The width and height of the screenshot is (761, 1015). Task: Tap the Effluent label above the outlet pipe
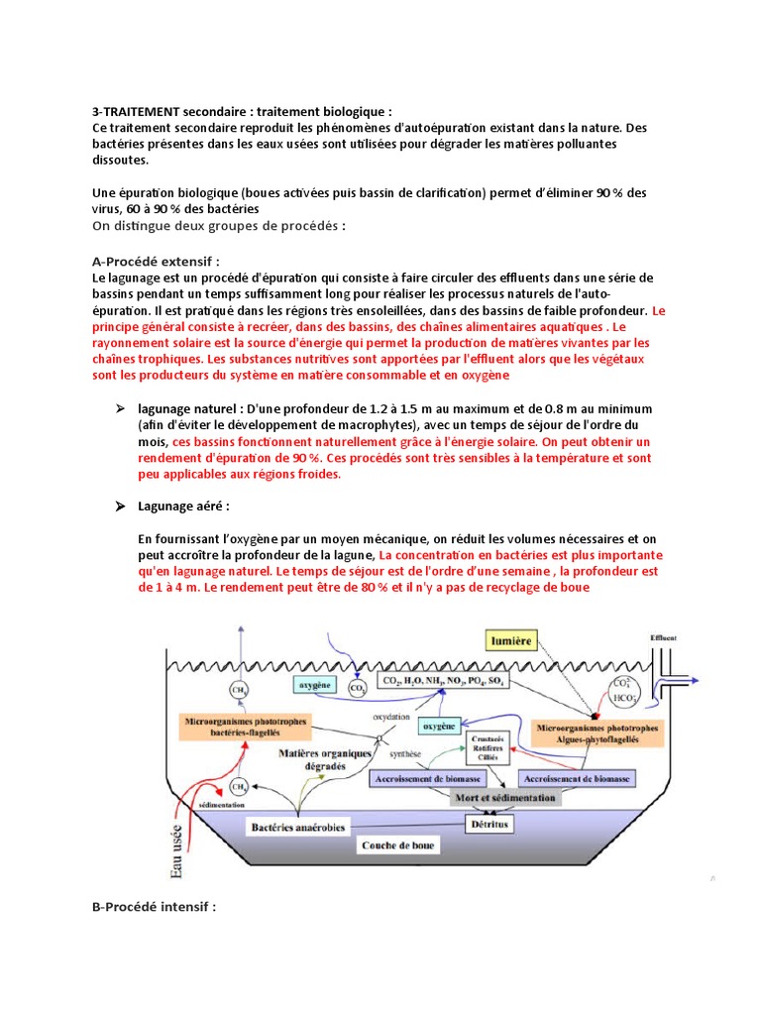[x=663, y=637]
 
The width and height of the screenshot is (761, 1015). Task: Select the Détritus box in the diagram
[x=494, y=822]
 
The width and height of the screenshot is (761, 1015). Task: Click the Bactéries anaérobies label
[x=300, y=825]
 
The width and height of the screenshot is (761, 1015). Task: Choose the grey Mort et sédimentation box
[x=504, y=796]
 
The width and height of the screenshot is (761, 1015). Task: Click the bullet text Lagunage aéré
[x=183, y=506]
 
